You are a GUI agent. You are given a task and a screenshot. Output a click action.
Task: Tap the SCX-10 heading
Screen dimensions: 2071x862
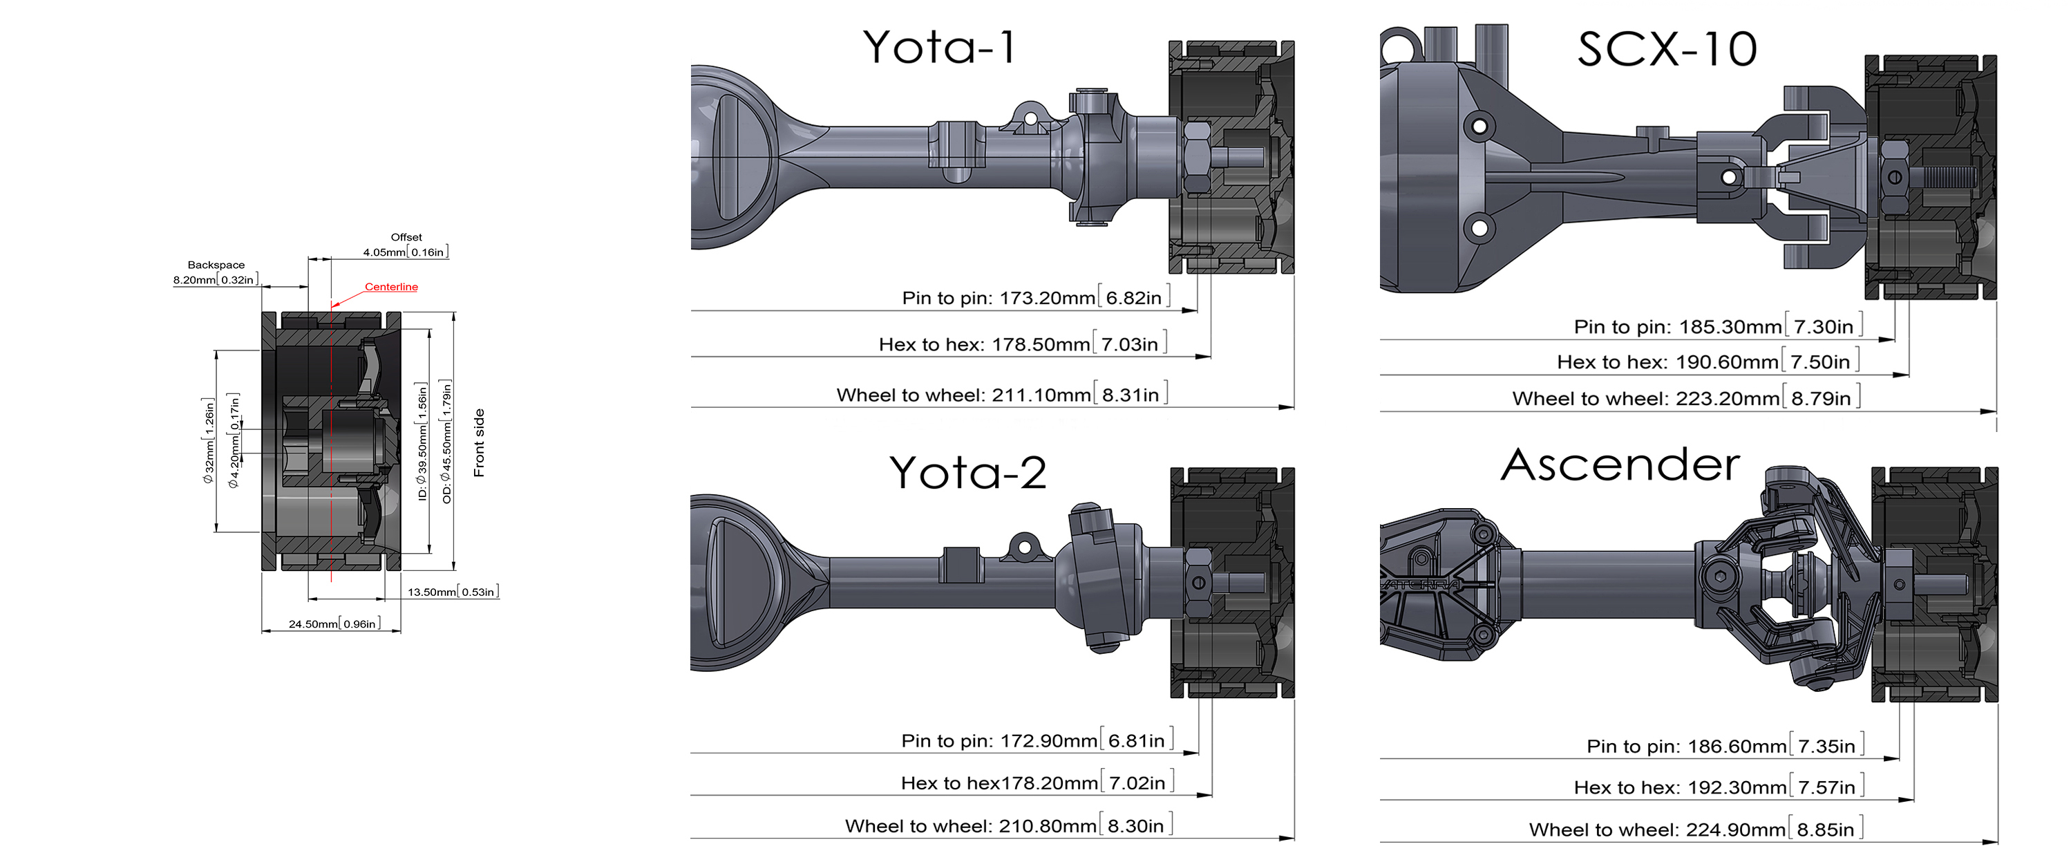(1667, 49)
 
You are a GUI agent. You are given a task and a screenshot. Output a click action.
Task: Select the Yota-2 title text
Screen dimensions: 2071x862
(968, 472)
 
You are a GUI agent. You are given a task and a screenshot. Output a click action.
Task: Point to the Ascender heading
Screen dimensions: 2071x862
(1620, 465)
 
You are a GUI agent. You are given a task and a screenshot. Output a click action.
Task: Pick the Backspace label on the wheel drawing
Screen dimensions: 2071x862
(216, 265)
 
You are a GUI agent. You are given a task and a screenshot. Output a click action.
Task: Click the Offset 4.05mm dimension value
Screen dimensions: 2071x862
(405, 252)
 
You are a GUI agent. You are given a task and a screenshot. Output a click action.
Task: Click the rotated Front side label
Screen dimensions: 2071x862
(479, 442)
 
